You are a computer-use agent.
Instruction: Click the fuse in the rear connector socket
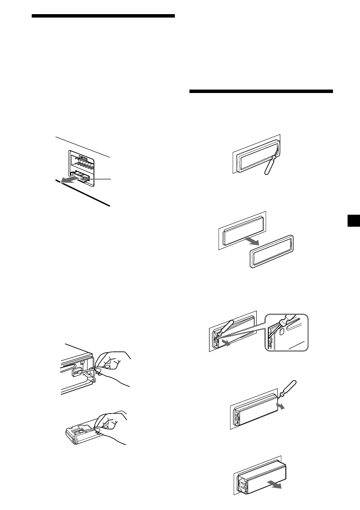[x=84, y=177]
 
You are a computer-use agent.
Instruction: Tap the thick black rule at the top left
[x=103, y=16]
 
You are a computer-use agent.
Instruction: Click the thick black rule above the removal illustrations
[x=261, y=91]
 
